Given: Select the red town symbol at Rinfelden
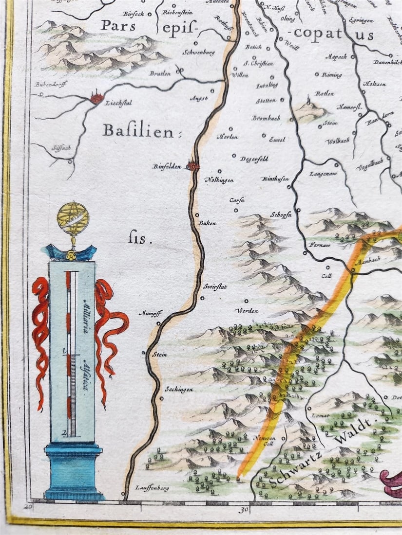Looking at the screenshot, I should click(193, 166).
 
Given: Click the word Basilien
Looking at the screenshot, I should click(138, 131).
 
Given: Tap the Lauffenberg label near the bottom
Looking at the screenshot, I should click(152, 488).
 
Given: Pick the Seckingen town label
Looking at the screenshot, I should click(179, 390).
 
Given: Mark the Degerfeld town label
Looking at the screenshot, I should click(253, 159).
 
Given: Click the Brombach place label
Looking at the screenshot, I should click(265, 118).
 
